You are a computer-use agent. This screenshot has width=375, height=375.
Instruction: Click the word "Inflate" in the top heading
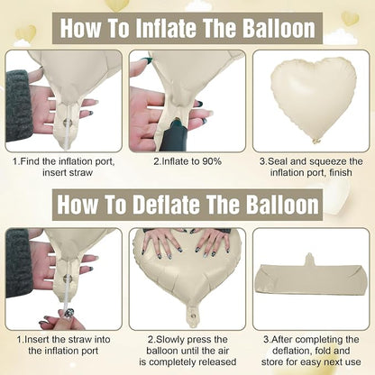pyautogui.click(x=166, y=28)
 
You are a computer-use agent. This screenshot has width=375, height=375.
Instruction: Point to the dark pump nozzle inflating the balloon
pyautogui.click(x=175, y=135)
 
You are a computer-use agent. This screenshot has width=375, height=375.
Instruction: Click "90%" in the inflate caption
pyautogui.click(x=212, y=161)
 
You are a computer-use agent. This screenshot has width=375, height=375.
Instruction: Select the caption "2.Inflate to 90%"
pyautogui.click(x=187, y=161)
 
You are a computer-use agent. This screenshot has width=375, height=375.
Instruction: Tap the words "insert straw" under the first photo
pyautogui.click(x=68, y=173)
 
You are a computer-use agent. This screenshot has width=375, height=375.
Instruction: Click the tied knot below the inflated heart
pyautogui.click(x=316, y=141)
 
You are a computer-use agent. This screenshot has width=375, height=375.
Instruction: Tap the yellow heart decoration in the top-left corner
pyautogui.click(x=26, y=33)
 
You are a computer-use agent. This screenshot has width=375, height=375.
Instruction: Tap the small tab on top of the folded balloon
pyautogui.click(x=309, y=260)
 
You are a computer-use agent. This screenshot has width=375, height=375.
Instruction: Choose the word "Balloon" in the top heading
pyautogui.click(x=279, y=28)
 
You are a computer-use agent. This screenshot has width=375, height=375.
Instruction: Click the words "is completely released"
pyautogui.click(x=187, y=361)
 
